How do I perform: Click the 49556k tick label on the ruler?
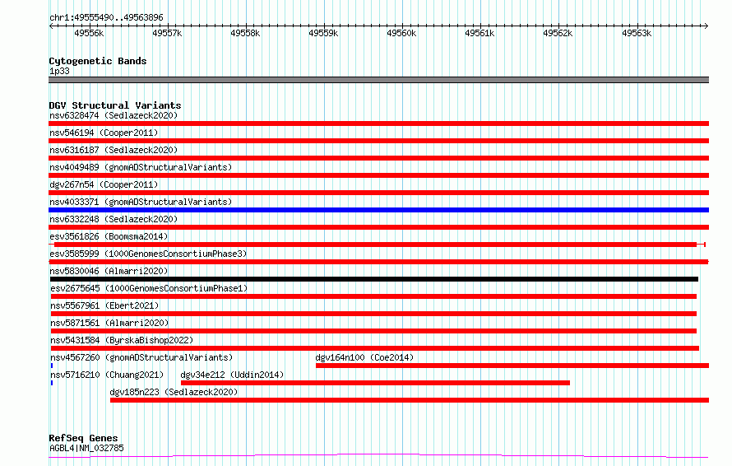89,33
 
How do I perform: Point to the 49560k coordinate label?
401,33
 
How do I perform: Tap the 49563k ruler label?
637,33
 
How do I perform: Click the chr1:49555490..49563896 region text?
106,17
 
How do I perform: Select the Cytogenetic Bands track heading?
98,61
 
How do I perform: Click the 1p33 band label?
59,71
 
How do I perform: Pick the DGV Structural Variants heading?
115,105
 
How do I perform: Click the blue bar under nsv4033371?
378,210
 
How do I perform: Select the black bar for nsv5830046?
374,279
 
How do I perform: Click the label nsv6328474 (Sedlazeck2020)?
114,115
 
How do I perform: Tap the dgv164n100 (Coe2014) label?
364,357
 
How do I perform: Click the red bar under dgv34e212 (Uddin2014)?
375,383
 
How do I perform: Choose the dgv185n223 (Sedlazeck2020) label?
174,392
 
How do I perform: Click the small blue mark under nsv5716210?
52,383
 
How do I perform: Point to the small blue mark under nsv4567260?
52,366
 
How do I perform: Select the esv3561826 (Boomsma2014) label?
109,236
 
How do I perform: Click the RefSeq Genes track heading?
84,438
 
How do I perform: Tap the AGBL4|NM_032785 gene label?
87,448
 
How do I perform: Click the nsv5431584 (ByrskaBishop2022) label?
122,340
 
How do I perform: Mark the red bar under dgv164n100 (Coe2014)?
512,366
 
